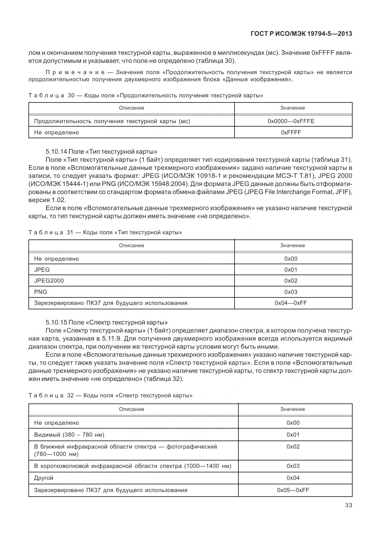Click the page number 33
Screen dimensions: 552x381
tap(348, 505)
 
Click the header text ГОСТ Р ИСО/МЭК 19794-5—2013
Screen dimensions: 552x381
tap(301, 34)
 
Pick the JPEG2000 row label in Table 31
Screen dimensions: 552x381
tap(49, 281)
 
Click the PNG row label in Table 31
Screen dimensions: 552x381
tap(41, 292)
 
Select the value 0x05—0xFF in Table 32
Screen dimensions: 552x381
tap(293, 490)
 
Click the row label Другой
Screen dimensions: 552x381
tap(44, 478)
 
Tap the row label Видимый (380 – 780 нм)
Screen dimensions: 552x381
tap(69, 435)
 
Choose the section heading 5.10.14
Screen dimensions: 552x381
tap(101, 151)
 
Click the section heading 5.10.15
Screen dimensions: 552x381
tap(106, 322)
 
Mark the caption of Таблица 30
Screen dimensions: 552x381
tap(146, 96)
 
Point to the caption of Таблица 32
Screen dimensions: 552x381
tap(110, 395)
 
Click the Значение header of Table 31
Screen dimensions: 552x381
tap(292, 246)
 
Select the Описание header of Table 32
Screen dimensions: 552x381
tap(131, 409)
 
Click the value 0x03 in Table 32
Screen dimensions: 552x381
tap(293, 466)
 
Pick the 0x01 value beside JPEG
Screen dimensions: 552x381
tap(291, 270)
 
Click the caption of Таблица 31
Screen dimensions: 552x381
tap(105, 232)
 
